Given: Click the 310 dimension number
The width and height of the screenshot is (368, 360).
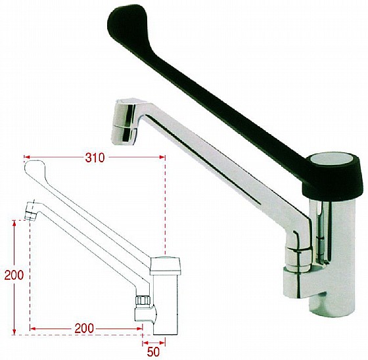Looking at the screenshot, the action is click(x=95, y=158).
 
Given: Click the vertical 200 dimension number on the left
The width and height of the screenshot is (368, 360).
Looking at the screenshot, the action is click(x=14, y=275).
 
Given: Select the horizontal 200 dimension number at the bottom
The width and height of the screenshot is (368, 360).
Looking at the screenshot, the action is click(x=84, y=328).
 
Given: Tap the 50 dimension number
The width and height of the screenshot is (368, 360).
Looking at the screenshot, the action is click(x=154, y=351).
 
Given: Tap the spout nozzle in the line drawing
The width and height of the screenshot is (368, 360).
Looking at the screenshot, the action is click(x=32, y=212).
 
